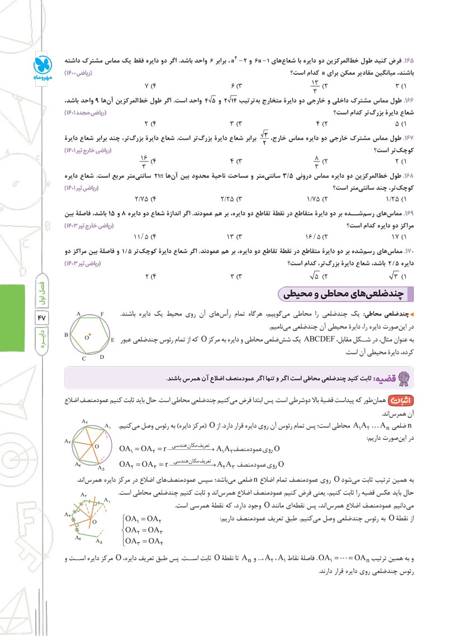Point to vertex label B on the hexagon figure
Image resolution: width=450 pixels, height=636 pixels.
pyautogui.click(x=66, y=335)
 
